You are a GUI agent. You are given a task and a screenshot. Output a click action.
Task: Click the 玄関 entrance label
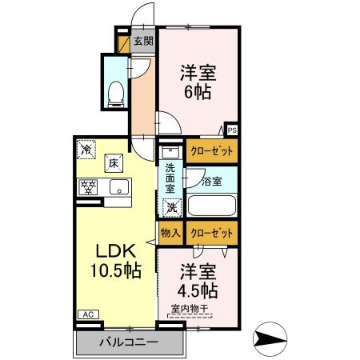142,42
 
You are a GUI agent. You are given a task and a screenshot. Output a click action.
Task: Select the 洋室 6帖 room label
195,81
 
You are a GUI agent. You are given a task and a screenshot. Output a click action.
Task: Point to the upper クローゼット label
212,150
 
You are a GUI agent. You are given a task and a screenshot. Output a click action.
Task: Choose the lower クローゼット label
212,233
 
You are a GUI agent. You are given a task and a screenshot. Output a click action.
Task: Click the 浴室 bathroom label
212,182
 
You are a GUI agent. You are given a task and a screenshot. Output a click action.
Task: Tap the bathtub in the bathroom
211,205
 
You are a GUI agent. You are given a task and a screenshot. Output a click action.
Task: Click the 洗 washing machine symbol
170,207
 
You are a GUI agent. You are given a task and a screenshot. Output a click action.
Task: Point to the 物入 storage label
170,233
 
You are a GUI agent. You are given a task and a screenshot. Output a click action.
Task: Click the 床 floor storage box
114,162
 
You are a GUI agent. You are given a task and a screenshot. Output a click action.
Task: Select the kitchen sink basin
119,189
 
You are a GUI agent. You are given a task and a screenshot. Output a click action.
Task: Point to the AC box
87,314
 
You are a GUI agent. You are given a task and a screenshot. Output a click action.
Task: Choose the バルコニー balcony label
130,343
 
